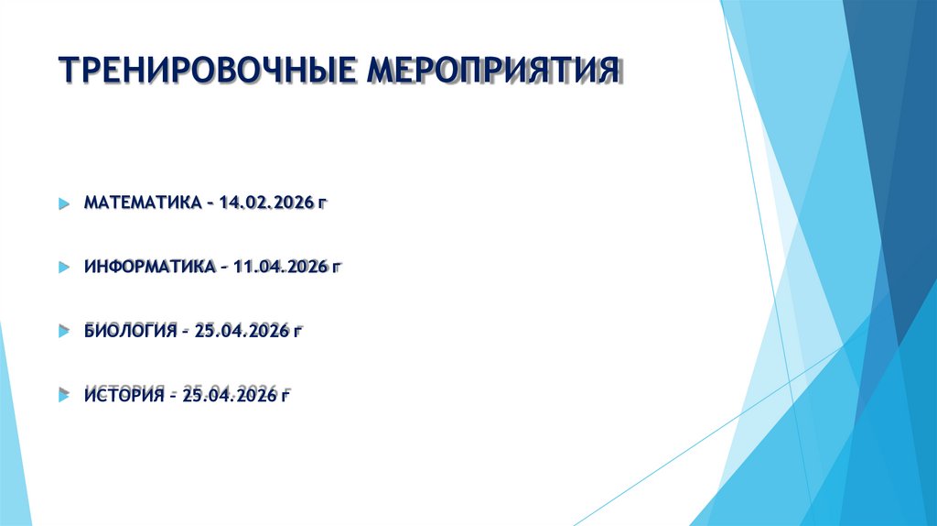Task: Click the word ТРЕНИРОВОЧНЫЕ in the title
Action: coord(210,71)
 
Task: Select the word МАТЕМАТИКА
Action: coord(140,202)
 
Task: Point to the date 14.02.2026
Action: coord(264,202)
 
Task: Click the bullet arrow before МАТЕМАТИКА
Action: coord(63,203)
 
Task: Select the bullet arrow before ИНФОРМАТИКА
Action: coord(63,268)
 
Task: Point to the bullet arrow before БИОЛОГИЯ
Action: coord(63,331)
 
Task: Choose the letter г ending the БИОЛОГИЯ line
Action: coord(296,332)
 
